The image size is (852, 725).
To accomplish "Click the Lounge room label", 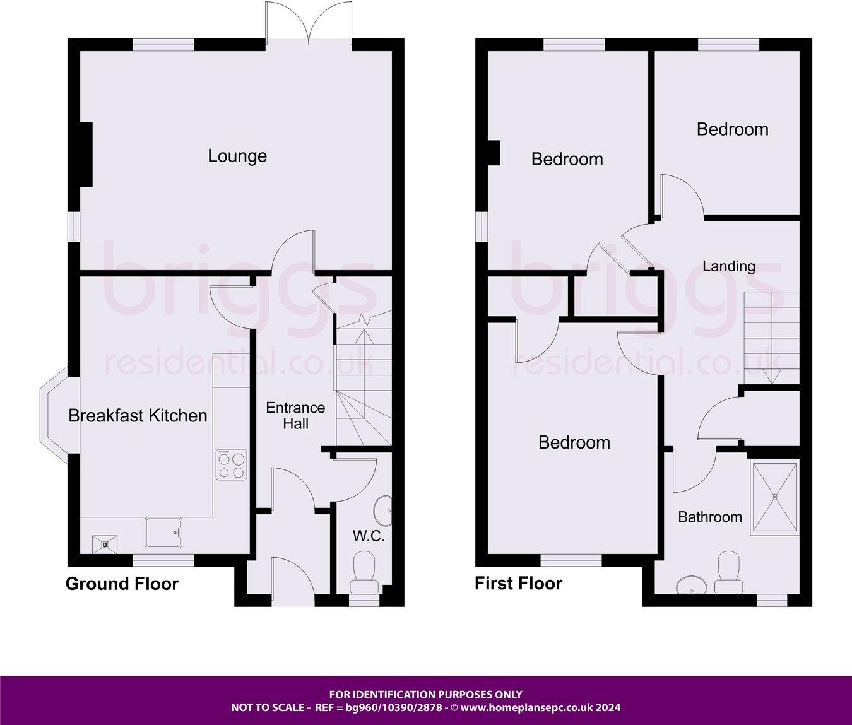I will pos(237,156).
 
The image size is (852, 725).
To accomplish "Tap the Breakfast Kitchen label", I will pos(138,416).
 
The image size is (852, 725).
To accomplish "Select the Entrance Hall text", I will pos(295,416).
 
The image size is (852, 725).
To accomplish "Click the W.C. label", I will pos(369,536).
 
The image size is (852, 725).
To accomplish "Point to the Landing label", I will pos(729,266).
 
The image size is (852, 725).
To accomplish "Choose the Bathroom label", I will pos(710,517).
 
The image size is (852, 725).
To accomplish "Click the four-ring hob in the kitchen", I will pos(231,464).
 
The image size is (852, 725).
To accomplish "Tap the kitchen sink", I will pos(163,533).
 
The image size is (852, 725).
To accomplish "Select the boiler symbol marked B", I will pos(105,544).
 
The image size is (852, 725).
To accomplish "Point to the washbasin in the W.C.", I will pos(383,510).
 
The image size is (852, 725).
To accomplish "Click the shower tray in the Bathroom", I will pos(774,498).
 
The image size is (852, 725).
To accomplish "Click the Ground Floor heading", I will pos(122,584).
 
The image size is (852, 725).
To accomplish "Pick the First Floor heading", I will pos(518,584).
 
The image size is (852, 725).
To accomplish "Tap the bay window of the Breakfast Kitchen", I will pos(56,415).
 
